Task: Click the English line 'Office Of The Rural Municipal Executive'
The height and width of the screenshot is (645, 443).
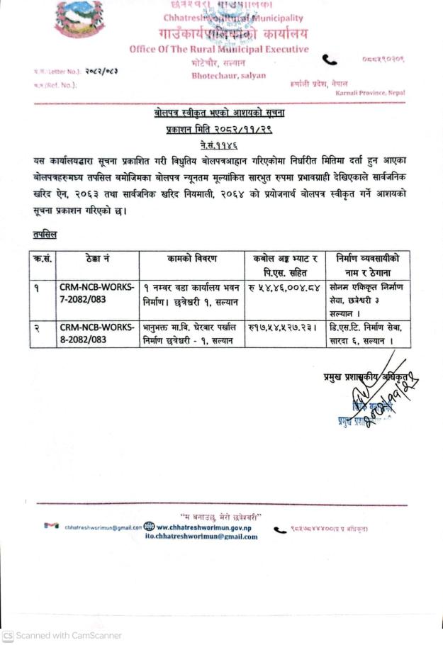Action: pyautogui.click(x=219, y=50)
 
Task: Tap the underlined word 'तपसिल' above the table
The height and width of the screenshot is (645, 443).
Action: pyautogui.click(x=45, y=234)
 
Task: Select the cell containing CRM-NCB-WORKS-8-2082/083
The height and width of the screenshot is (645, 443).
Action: pyautogui.click(x=96, y=334)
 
